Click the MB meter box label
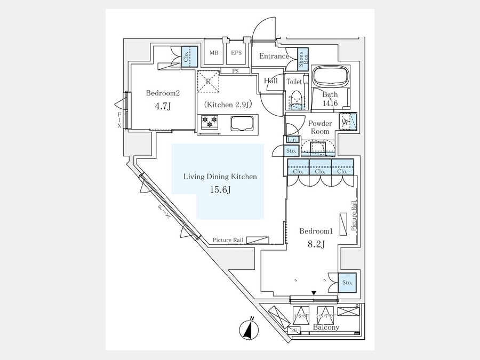[214, 53]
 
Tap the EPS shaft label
[236, 53]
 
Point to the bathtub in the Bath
[329, 77]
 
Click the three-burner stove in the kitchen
[209, 122]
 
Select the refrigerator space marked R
[209, 82]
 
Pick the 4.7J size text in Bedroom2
[163, 106]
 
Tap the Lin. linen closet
[292, 140]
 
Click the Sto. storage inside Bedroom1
[347, 282]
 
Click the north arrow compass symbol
[248, 328]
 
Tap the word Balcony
[326, 327]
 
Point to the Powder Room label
[320, 127]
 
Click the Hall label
[271, 81]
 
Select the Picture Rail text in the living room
[228, 241]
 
